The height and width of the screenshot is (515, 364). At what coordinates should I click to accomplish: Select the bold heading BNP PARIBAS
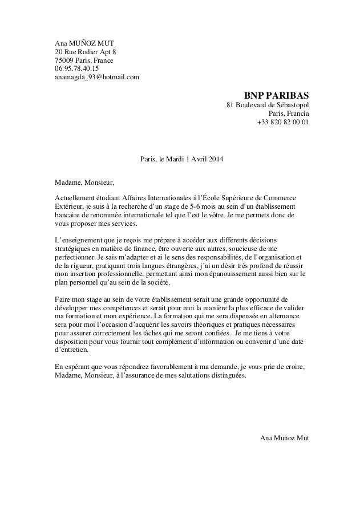[277, 94]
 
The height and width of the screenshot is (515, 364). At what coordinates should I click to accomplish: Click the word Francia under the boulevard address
[296, 113]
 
